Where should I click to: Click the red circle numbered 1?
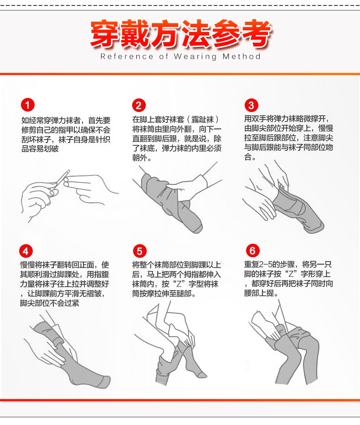point(28,105)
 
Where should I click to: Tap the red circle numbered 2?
point(139,105)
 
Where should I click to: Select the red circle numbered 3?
point(251,105)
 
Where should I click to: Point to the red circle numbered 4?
point(26,251)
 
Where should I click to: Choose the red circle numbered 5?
point(139,251)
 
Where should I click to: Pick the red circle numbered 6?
point(252,251)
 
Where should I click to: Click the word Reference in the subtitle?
point(127,56)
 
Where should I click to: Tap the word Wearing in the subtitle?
point(195,56)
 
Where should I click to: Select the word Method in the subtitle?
point(242,56)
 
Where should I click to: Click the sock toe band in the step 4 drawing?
point(105,382)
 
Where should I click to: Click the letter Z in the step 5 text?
point(179,284)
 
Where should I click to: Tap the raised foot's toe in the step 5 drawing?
point(201,374)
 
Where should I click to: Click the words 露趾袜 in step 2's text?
point(202,119)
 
